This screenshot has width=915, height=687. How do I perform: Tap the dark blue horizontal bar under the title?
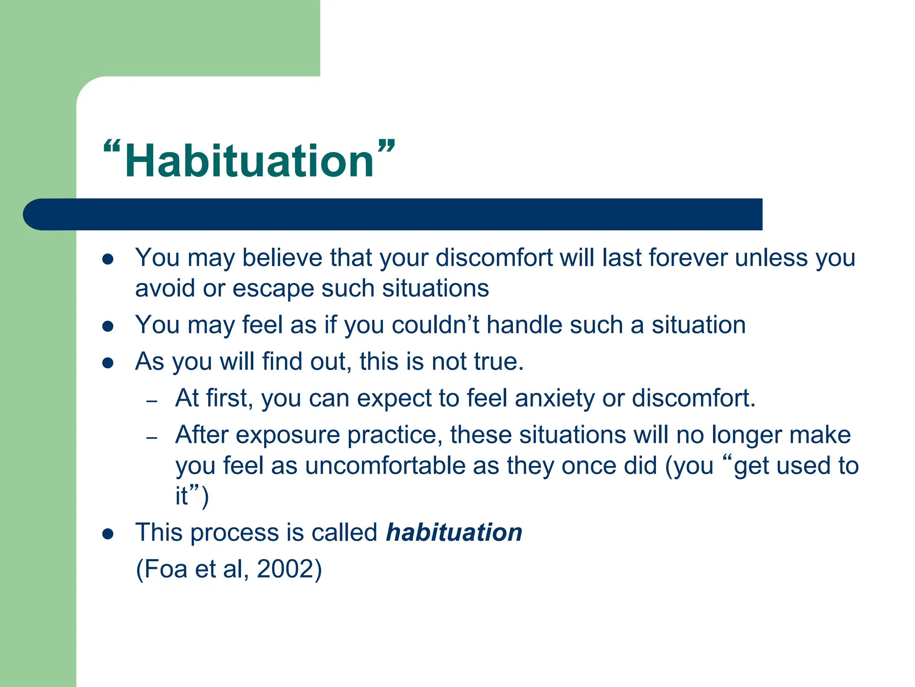[393, 214]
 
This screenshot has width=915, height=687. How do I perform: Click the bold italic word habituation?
[454, 532]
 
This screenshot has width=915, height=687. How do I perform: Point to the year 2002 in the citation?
[285, 569]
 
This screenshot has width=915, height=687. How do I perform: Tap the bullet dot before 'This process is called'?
[108, 534]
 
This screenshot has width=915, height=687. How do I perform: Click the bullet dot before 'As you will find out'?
[108, 363]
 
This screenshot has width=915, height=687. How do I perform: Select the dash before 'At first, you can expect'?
[152, 401]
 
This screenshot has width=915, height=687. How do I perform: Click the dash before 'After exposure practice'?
[152, 437]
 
